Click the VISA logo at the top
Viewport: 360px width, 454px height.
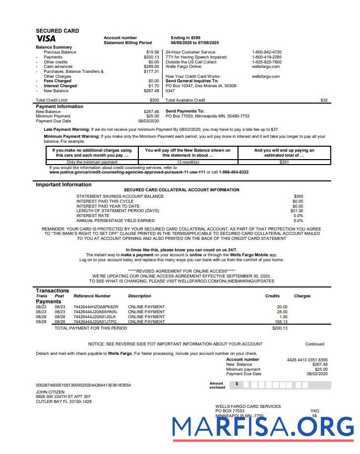[x=46, y=39]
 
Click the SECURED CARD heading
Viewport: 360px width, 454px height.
[x=57, y=31]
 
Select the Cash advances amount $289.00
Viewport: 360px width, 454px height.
[x=151, y=66]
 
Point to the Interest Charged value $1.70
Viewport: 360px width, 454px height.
[x=154, y=86]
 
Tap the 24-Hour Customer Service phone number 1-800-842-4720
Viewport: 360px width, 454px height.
[x=267, y=52]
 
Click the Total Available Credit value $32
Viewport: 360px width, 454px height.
[x=324, y=100]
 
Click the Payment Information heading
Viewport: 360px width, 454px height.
[x=60, y=107]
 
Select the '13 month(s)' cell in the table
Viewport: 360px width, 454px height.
[x=187, y=162]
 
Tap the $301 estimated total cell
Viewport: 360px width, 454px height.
[x=284, y=162]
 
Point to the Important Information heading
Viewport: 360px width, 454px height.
[x=63, y=185]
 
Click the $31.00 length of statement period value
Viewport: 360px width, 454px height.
[x=297, y=211]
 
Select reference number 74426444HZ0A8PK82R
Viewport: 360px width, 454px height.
[x=96, y=307]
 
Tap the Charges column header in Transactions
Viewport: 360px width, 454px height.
[x=302, y=296]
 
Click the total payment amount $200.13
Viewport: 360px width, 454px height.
[x=280, y=328]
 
